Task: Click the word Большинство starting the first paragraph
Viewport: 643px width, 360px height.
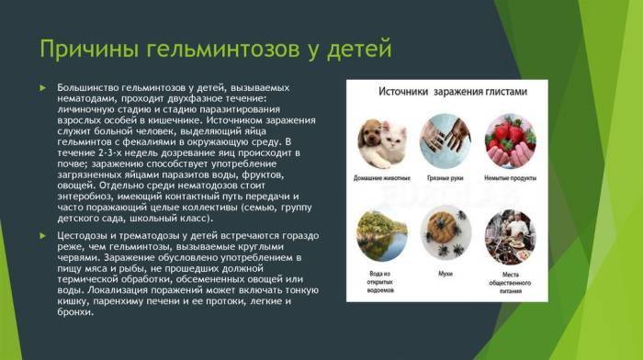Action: pos(87,87)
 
